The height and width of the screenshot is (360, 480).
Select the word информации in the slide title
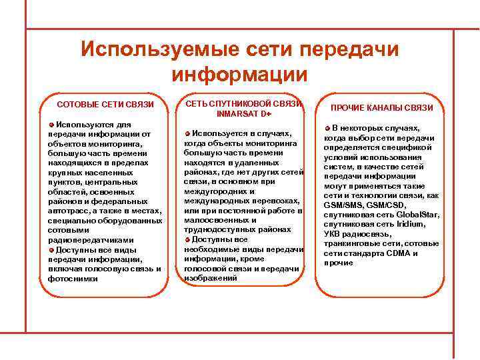239,73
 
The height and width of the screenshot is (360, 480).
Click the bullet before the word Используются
51,125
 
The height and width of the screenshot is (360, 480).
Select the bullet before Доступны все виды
51,250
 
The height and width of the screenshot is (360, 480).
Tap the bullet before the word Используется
187,133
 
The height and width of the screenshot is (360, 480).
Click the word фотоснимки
73,279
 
